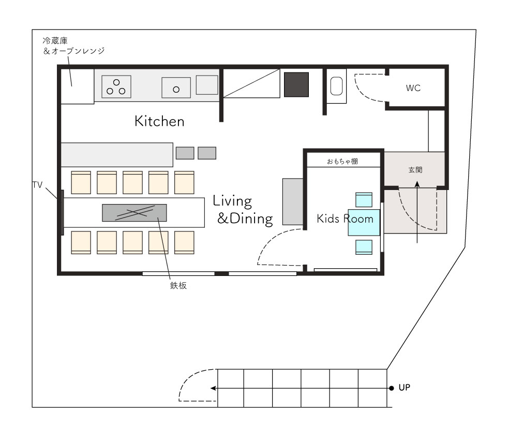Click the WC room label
coord(413,88)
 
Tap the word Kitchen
coord(159,121)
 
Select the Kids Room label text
coord(345,219)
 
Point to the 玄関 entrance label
coord(415,169)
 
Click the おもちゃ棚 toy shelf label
coord(342,161)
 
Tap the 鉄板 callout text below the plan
coord(178,285)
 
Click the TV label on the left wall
coord(38,185)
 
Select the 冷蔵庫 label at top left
coord(55,41)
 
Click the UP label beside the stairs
coord(405,387)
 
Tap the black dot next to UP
coord(392,388)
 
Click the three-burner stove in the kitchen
coord(116,86)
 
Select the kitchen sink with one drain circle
coord(176,88)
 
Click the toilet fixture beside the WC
coord(336,86)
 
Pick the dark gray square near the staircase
coord(296,84)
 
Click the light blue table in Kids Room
coord(364,223)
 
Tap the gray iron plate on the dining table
coord(135,213)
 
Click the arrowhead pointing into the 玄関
coord(417,184)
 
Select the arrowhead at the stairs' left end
coord(213,388)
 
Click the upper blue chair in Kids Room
coord(364,200)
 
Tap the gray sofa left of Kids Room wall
coord(293,201)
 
